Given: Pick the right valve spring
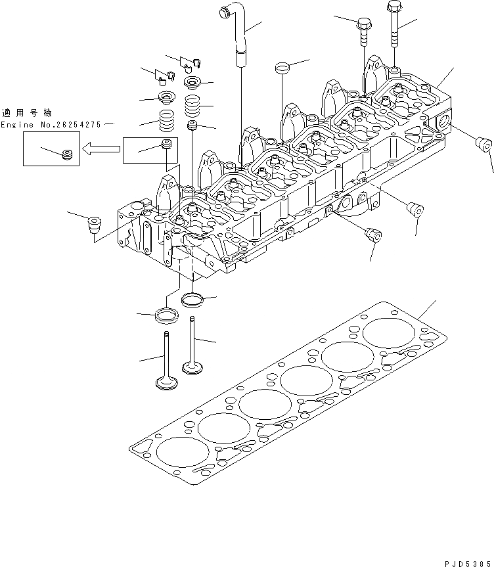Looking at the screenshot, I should [192, 105].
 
